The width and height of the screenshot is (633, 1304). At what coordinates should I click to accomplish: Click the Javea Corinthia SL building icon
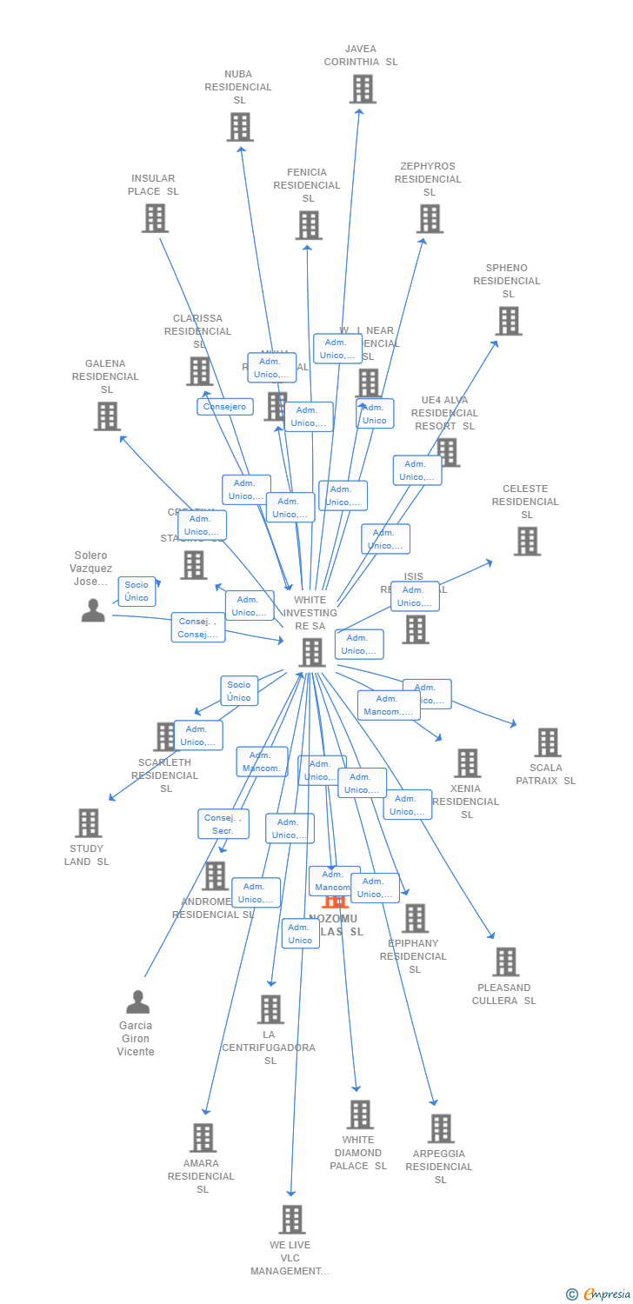[x=363, y=89]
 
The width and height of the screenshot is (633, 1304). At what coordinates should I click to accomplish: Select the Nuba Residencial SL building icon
[x=240, y=127]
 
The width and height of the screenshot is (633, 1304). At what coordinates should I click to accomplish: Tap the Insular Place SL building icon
[x=155, y=218]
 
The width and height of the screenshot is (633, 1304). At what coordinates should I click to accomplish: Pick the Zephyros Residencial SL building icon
[x=430, y=219]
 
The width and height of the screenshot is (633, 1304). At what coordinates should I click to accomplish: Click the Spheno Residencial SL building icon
[x=509, y=321]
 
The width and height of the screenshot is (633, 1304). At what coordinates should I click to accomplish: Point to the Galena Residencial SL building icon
[x=107, y=416]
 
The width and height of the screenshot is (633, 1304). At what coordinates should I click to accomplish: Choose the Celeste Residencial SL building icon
[x=527, y=542]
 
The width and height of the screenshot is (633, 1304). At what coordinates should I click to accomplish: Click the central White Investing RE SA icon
[x=311, y=652]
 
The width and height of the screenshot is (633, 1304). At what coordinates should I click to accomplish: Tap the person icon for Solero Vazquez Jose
[x=93, y=610]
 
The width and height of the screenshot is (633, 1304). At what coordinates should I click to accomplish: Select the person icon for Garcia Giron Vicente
[x=137, y=1002]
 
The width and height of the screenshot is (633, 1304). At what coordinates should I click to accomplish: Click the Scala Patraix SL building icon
[x=548, y=742]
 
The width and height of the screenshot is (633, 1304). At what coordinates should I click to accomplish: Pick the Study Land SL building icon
[x=88, y=823]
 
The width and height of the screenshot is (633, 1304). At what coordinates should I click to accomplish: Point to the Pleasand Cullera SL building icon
[x=506, y=962]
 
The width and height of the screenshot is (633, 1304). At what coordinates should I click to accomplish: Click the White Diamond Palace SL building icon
[x=360, y=1114]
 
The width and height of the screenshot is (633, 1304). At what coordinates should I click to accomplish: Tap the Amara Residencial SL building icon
[x=203, y=1138]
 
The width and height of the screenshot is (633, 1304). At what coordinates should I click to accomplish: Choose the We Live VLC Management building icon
[x=292, y=1220]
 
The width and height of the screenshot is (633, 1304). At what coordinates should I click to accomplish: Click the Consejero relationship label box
[x=225, y=407]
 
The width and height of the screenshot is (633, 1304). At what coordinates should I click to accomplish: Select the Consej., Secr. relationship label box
[x=223, y=824]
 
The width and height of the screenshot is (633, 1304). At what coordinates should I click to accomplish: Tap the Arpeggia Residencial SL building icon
[x=441, y=1128]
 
